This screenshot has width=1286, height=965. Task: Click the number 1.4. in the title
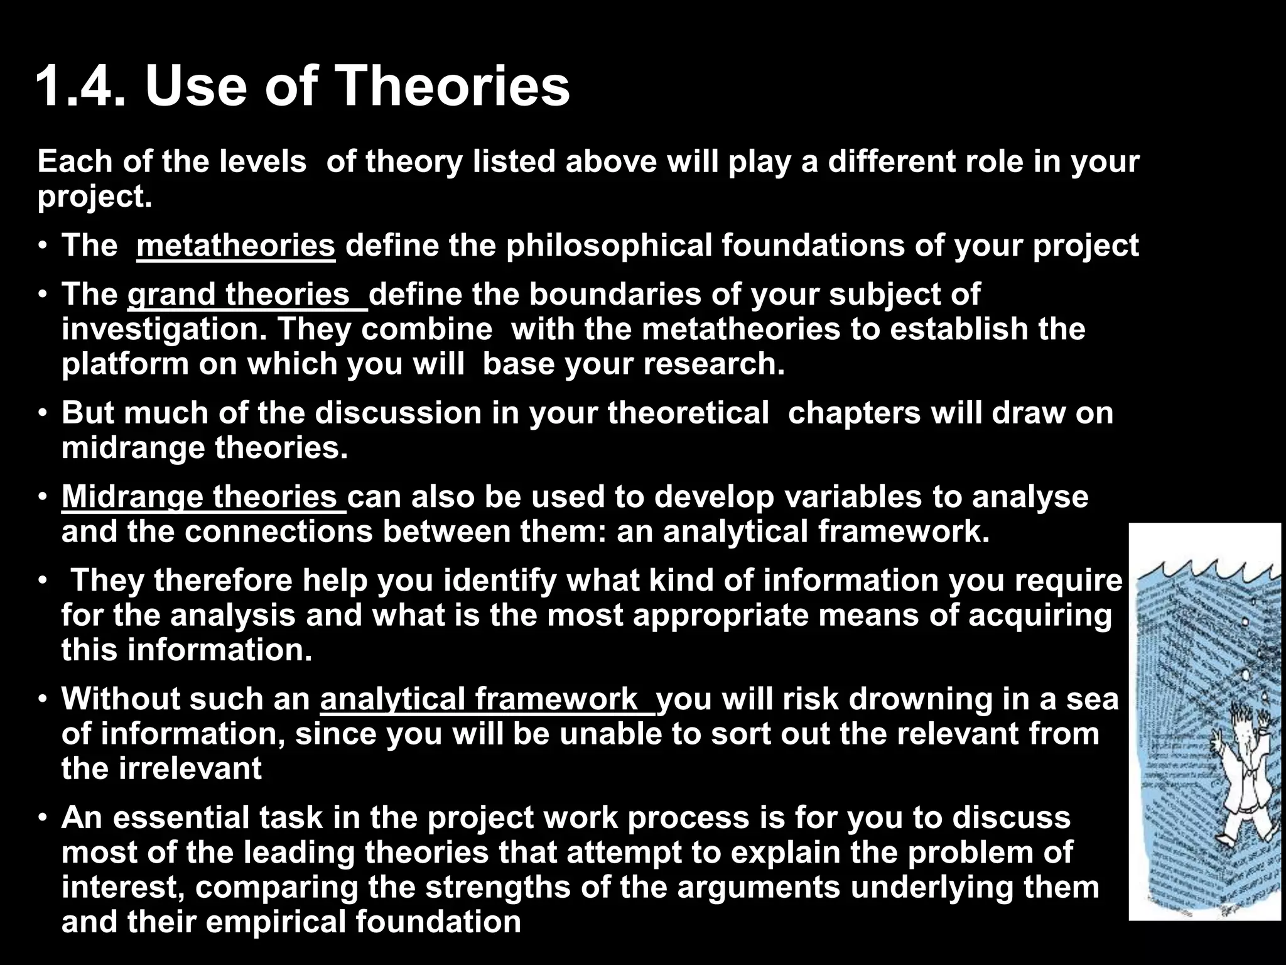click(82, 87)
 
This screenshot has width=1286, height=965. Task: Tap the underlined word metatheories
click(236, 246)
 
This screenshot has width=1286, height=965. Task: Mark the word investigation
click(164, 329)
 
